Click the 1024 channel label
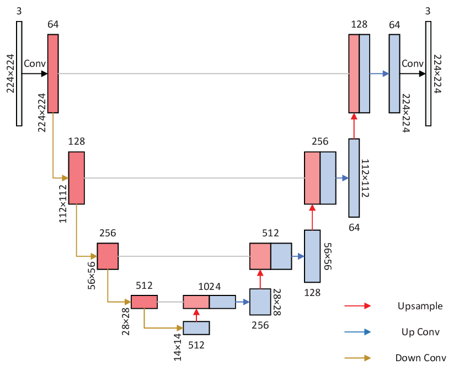[209, 286]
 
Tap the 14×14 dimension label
[178, 347]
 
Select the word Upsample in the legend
[420, 306]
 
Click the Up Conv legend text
[420, 332]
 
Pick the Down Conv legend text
[420, 358]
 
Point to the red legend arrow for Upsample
[357, 306]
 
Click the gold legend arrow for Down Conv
[357, 358]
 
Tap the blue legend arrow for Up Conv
[357, 332]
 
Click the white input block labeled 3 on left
[19, 73]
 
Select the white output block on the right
[428, 73]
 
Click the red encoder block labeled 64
[53, 73]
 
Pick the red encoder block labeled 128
[76, 178]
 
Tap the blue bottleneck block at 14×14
[196, 328]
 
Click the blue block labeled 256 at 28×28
[260, 302]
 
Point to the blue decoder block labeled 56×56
[312, 256]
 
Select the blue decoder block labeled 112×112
[354, 178]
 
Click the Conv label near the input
[35, 64]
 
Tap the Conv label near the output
[413, 64]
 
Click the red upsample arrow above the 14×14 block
[196, 315]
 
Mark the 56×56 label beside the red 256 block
[92, 276]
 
